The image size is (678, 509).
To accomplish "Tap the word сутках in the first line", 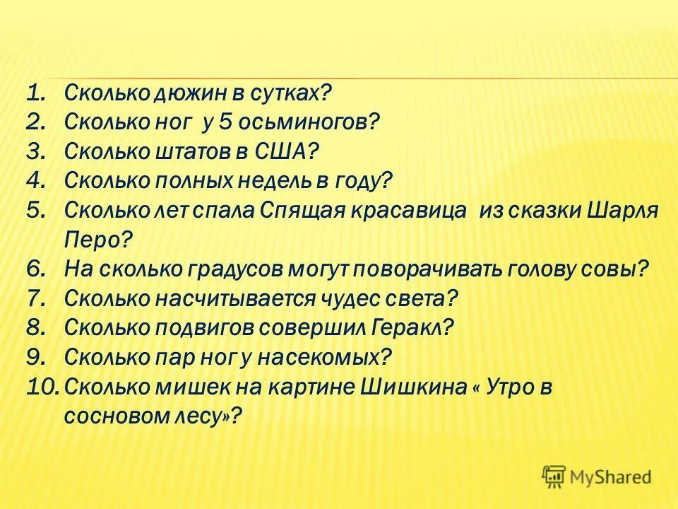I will pos(286,92).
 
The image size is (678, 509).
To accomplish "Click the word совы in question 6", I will pos(615,269).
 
